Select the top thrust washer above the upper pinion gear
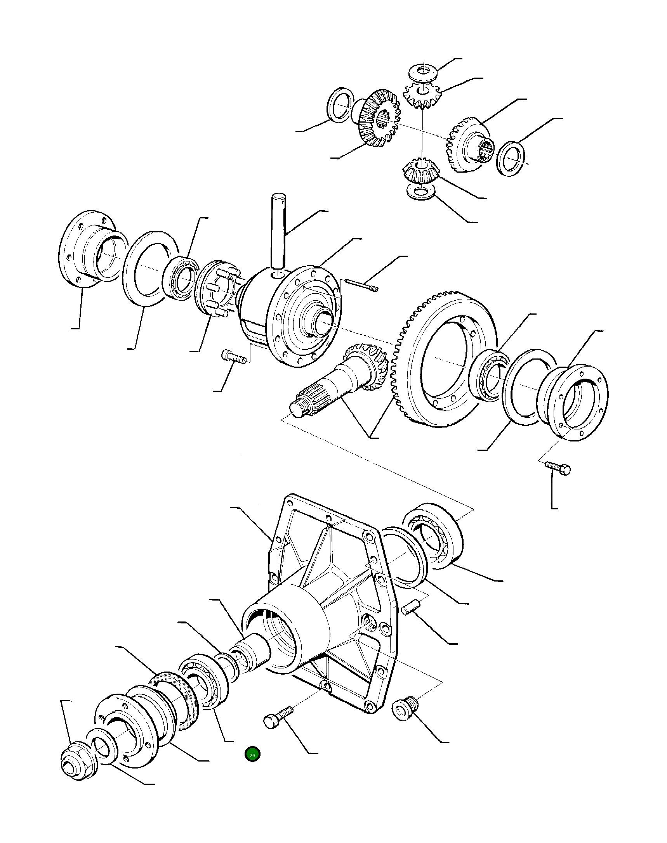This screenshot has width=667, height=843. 423,72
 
